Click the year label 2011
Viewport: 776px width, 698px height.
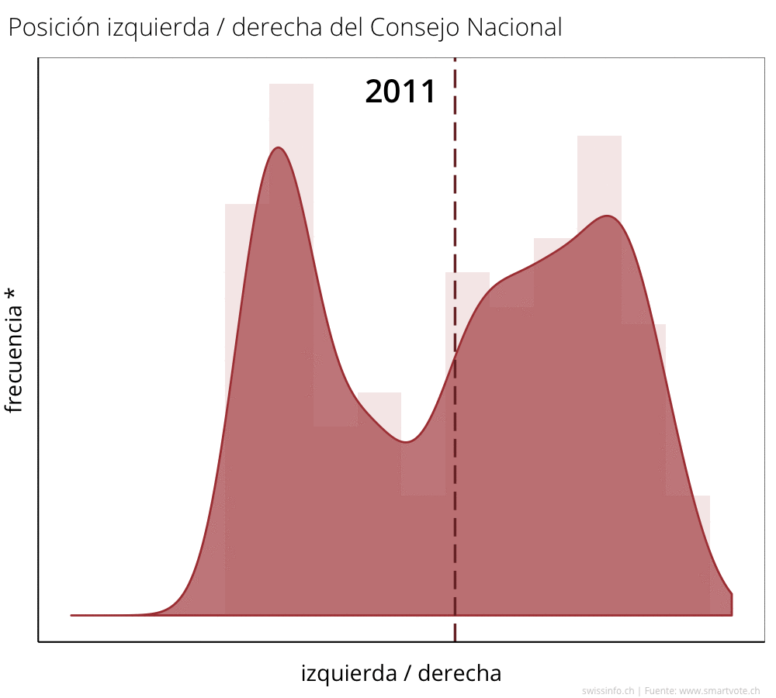click(400, 92)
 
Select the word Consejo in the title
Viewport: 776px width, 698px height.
click(415, 29)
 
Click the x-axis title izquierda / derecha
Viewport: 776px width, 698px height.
click(400, 673)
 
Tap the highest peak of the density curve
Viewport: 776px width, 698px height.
click(278, 148)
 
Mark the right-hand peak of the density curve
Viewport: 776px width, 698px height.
click(608, 216)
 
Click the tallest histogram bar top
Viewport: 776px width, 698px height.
click(291, 85)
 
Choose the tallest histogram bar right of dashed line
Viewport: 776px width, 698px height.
click(599, 137)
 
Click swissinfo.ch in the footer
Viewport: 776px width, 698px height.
click(608, 690)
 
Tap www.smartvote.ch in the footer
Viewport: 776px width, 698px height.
click(719, 690)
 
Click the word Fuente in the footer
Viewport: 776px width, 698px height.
click(660, 690)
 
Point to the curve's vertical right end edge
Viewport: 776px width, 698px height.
click(732, 604)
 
